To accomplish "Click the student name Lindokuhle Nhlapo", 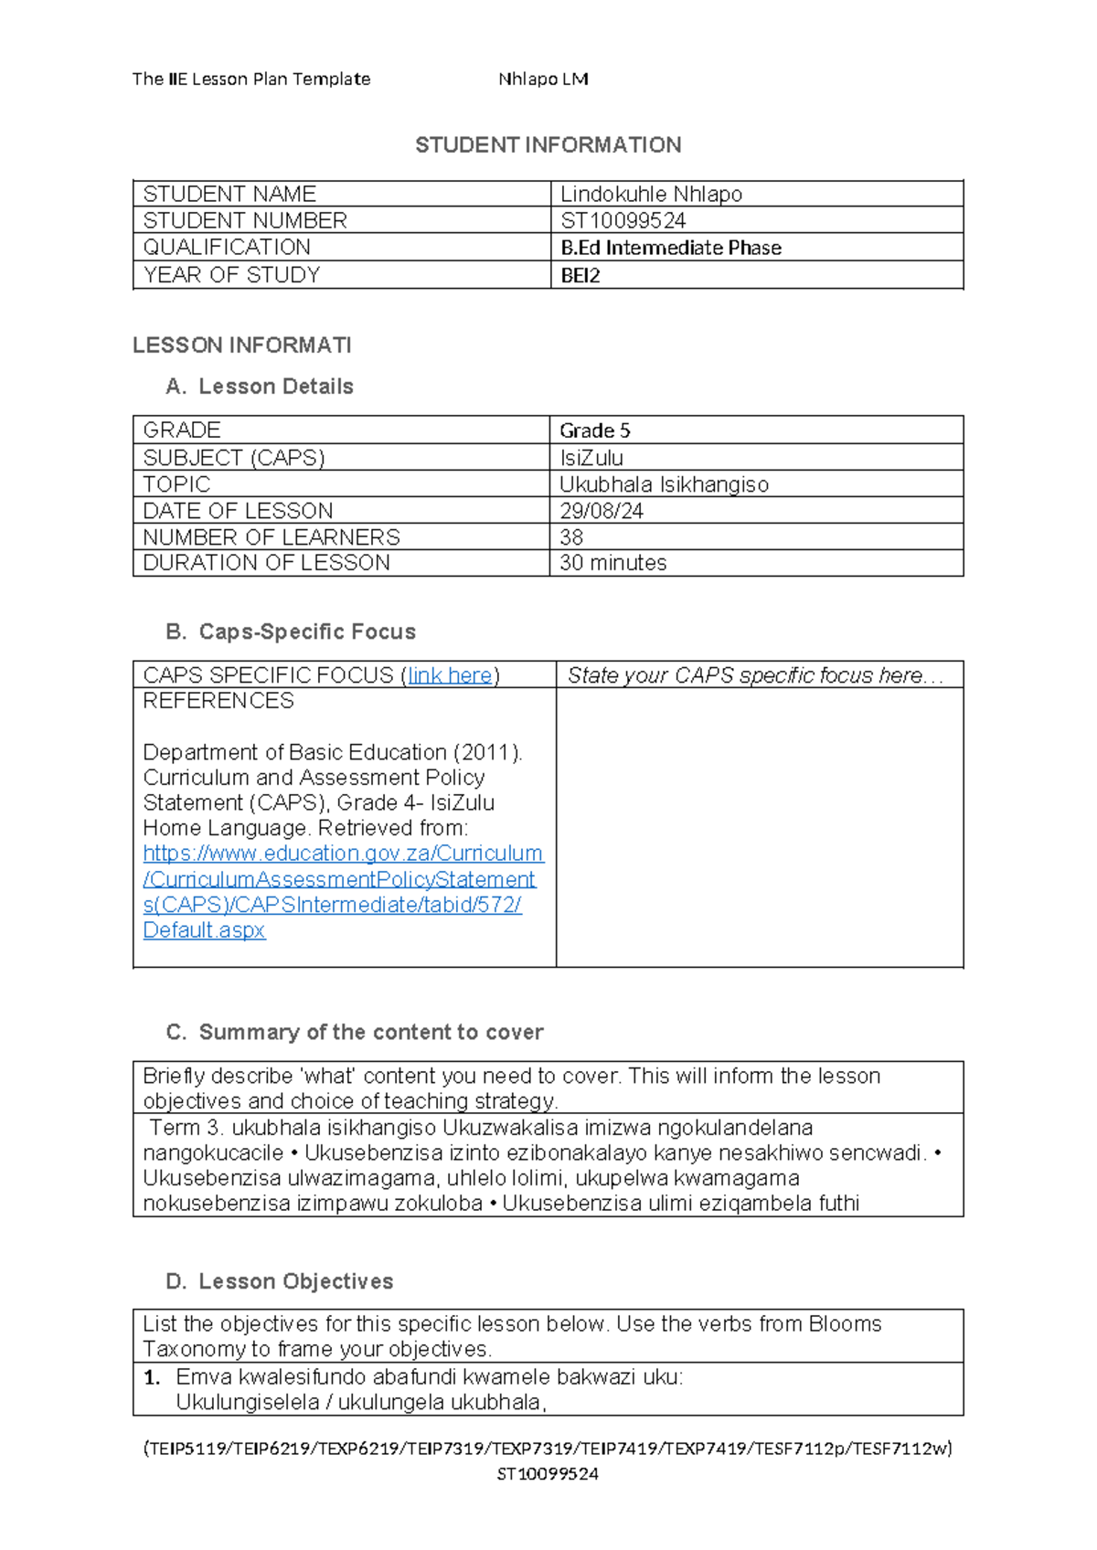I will click(x=651, y=194).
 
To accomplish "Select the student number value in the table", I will click(x=623, y=220).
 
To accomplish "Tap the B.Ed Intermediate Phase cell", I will click(x=670, y=248).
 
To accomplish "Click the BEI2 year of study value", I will click(x=580, y=275).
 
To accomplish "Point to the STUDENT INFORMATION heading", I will click(x=548, y=145).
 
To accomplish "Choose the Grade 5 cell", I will click(x=595, y=430).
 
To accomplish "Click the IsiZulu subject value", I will click(x=591, y=458).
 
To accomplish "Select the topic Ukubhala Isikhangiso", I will click(x=664, y=484).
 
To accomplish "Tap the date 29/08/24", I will click(x=602, y=511).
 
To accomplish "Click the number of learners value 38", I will click(x=571, y=537).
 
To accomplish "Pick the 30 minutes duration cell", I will click(x=612, y=563).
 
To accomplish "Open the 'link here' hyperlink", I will click(x=450, y=675).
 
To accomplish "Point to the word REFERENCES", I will click(x=218, y=701).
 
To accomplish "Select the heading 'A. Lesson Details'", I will click(x=260, y=387).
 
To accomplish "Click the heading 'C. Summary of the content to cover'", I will click(x=355, y=1032).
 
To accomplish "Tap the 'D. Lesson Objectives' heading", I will click(x=280, y=1281).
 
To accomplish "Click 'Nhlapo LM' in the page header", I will click(x=543, y=80).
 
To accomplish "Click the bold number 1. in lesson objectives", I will click(x=152, y=1377).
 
